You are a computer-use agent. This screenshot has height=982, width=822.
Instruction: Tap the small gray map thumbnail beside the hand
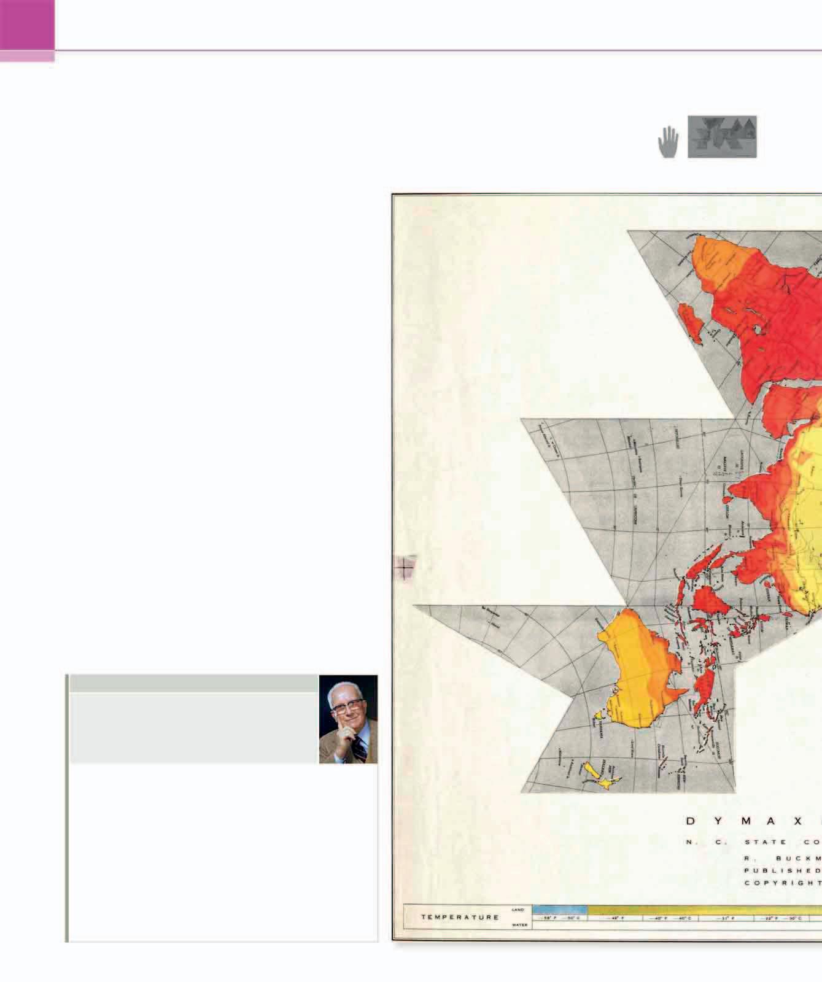(x=722, y=137)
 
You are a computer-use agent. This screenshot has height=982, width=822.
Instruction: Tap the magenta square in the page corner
(x=27, y=25)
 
